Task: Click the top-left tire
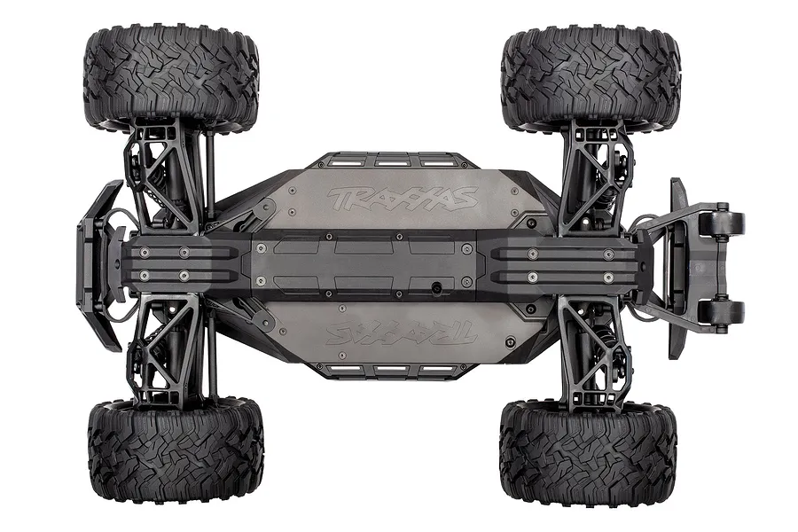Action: click(172, 76)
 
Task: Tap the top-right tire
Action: click(591, 76)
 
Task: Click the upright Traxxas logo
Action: click(402, 198)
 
